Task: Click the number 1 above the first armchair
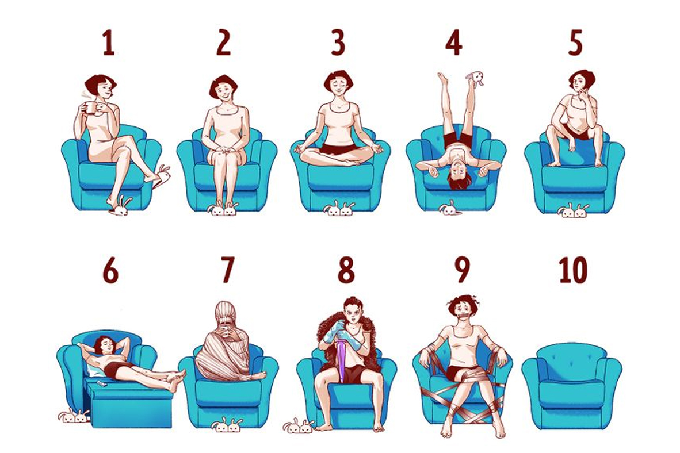coord(108,43)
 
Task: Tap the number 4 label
coord(454,43)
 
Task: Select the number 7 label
coord(227,270)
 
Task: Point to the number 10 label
coord(574,270)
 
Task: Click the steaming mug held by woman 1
coord(90,107)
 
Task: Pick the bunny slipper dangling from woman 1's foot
coord(161,175)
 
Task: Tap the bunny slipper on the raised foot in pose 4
coord(476,79)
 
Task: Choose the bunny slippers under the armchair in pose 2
coord(223,209)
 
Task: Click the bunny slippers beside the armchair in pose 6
coord(74,416)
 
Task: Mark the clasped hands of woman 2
coord(224,151)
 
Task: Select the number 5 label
coord(575,43)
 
